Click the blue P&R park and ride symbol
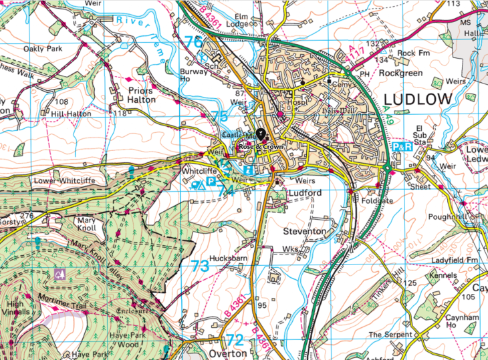(402, 146)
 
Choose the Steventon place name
(305, 231)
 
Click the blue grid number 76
(193, 41)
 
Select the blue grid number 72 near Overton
(235, 339)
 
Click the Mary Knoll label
(92, 223)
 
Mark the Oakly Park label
(42, 49)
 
